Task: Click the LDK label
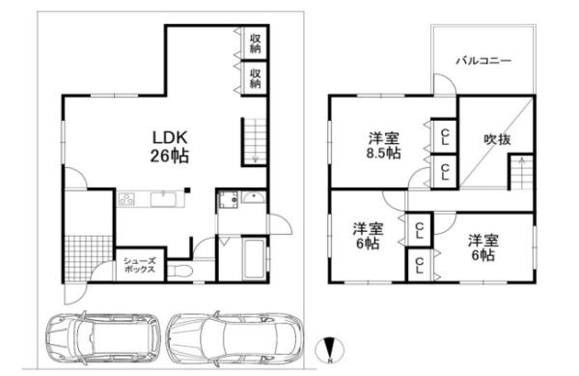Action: (170, 138)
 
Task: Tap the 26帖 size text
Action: (170, 156)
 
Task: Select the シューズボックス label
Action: (139, 265)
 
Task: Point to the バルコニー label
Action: (483, 60)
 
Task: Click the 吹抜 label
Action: (497, 140)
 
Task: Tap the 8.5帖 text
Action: (384, 153)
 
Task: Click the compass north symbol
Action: (330, 350)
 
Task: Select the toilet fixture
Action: (179, 272)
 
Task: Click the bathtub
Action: (254, 259)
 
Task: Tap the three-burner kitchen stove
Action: (126, 199)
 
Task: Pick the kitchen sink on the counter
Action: (163, 199)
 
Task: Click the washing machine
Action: (228, 200)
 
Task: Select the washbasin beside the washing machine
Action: (253, 198)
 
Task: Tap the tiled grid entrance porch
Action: (89, 258)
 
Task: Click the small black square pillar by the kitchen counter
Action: (187, 190)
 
